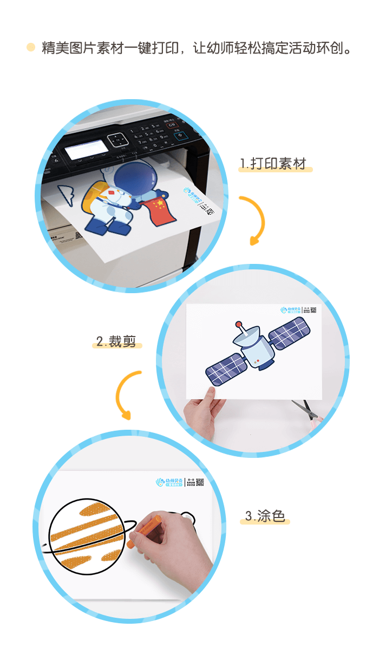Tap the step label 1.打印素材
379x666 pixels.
point(276,164)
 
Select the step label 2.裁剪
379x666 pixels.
point(116,341)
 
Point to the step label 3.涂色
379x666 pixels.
point(265,516)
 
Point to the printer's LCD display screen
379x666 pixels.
point(85,149)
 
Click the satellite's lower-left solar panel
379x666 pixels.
point(226,368)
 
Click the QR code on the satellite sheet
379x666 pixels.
point(313,310)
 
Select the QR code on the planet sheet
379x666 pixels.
point(199,482)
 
